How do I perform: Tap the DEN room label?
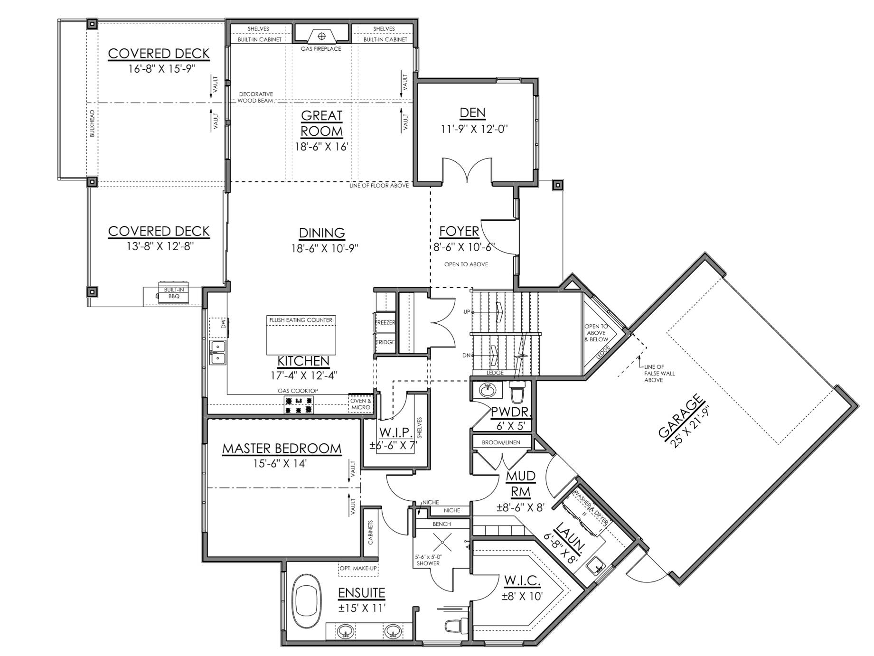pos(473,112)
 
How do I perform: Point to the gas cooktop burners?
pos(299,404)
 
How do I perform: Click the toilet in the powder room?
pos(517,392)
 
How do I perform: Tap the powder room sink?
pos(486,391)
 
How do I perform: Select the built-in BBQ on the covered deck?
pos(173,293)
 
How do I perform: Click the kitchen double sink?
pos(218,352)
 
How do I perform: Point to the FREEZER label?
pos(385,323)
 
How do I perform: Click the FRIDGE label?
pos(385,342)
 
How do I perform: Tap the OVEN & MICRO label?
pos(360,404)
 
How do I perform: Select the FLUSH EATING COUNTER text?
pos(301,320)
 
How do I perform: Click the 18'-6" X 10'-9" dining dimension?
pos(325,248)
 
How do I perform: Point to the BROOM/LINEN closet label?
pos(501,442)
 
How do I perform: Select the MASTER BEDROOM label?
pos(282,449)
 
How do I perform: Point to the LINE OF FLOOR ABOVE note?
pos(379,186)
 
